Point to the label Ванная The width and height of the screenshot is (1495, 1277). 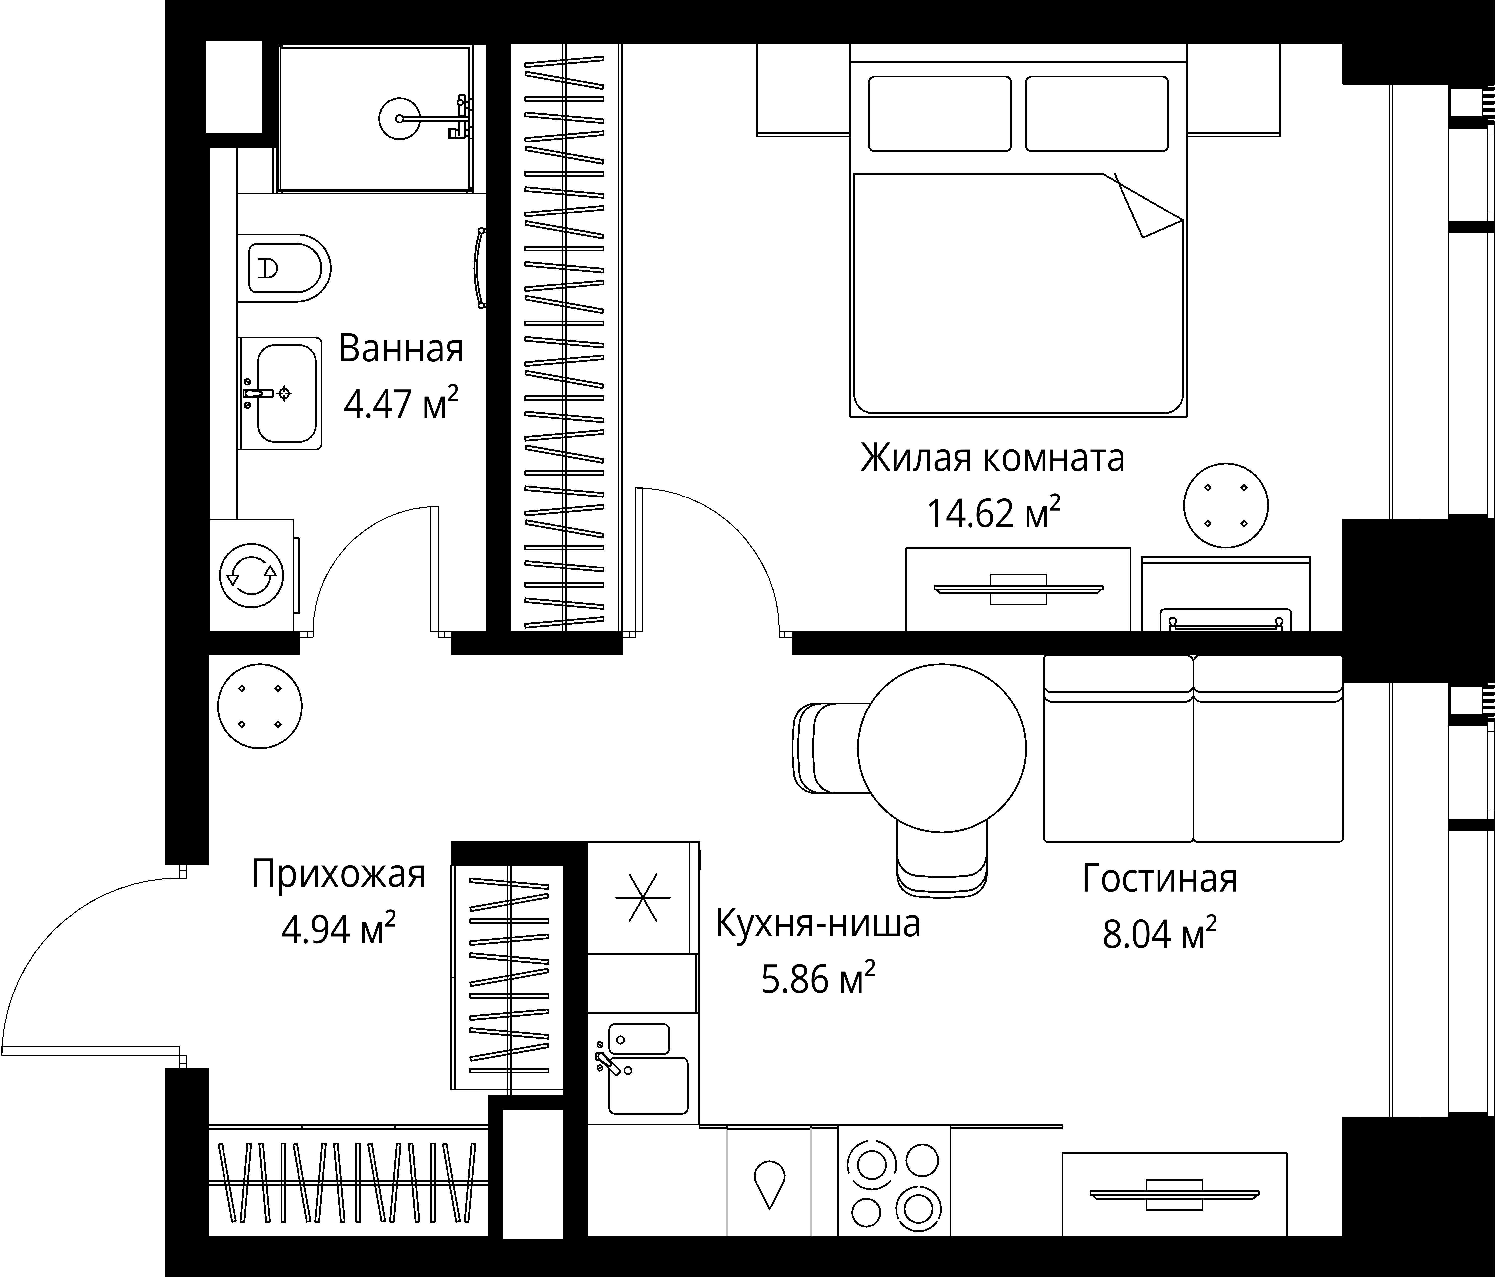click(401, 349)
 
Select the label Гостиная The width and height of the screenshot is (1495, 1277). click(1159, 879)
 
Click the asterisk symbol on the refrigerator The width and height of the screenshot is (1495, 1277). click(642, 898)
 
